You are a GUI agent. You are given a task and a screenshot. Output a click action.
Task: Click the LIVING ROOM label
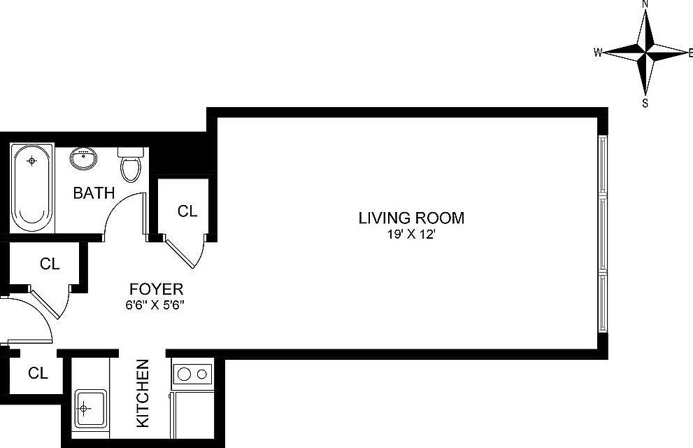click(410, 218)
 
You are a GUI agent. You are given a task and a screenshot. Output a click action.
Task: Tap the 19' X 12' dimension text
click(410, 235)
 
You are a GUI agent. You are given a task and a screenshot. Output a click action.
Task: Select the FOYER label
click(156, 288)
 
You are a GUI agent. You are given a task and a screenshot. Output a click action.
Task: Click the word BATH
click(94, 192)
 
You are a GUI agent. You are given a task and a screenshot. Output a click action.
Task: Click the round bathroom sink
click(83, 158)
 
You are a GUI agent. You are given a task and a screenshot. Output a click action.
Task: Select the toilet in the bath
click(130, 165)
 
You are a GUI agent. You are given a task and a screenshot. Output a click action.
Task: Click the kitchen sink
click(89, 407)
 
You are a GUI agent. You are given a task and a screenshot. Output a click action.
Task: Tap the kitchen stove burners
click(193, 374)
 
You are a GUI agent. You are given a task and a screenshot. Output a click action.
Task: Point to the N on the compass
click(645, 4)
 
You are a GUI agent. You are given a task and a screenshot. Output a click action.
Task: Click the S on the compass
click(645, 103)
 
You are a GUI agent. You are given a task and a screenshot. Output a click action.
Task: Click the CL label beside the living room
click(187, 211)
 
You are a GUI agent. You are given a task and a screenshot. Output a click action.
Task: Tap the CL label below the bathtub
click(49, 264)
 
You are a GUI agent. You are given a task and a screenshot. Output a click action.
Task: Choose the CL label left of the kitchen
click(38, 373)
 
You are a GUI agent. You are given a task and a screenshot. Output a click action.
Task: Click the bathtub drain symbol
click(31, 161)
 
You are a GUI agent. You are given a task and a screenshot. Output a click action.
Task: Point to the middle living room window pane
click(603, 234)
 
